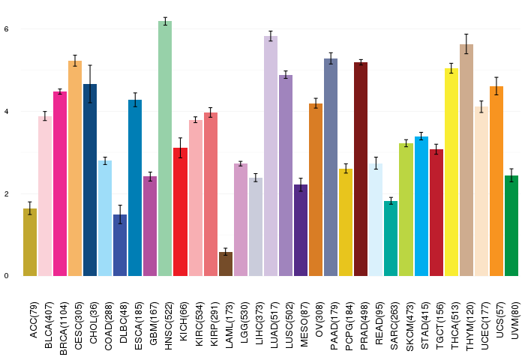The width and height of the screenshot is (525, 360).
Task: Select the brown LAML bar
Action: coord(225,264)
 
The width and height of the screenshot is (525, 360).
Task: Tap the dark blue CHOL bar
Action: coord(90,180)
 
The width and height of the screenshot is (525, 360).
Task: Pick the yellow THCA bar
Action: coord(451,172)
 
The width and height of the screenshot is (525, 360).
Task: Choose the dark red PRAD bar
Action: coord(361,169)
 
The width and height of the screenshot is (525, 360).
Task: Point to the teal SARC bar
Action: coord(391,238)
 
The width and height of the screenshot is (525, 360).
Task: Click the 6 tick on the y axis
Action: coord(6,28)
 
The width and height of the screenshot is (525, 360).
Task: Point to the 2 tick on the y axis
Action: coord(6,193)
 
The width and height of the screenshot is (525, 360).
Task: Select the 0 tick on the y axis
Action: coord(6,276)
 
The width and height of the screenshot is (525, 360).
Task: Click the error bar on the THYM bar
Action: coord(466,44)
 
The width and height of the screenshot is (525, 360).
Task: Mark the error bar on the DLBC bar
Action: coord(120,214)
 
